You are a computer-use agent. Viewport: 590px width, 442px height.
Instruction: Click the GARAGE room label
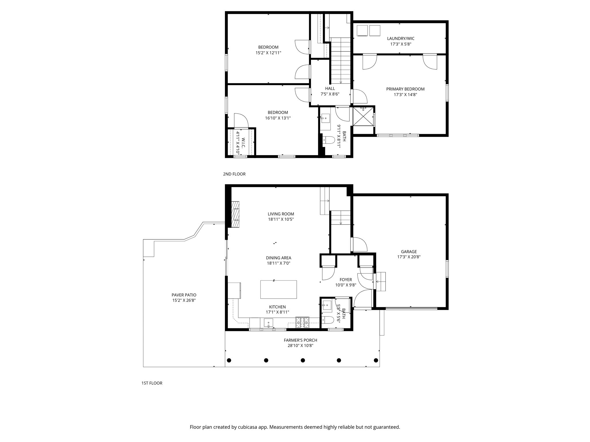409,252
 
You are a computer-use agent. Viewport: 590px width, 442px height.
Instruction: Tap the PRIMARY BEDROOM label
405,89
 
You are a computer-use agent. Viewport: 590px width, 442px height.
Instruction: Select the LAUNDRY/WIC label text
401,39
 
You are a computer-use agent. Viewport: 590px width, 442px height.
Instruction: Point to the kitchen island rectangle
279,289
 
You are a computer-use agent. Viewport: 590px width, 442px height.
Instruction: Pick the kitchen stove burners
302,322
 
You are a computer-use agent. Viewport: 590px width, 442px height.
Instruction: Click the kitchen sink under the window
268,323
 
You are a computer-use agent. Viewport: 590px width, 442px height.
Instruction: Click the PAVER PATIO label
184,295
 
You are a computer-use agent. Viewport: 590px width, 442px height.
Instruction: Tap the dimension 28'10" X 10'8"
300,345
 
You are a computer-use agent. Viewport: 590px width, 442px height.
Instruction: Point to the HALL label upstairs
330,89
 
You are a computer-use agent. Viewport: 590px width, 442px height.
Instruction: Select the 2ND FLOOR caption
234,174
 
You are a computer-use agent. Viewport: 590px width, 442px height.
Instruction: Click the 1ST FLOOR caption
152,383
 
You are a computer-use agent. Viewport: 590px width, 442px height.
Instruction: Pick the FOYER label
346,280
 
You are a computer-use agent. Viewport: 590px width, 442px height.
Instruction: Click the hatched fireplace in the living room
236,214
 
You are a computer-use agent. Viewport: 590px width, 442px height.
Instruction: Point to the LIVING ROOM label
281,214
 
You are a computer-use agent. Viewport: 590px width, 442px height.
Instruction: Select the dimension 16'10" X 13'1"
278,118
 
